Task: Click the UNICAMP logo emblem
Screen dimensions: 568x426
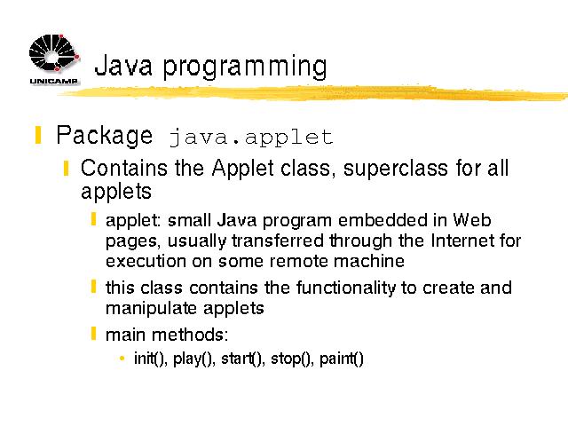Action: (54, 53)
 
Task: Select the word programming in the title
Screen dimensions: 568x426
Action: (245, 67)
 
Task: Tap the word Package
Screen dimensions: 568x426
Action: (105, 136)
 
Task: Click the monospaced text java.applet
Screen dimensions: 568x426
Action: (250, 138)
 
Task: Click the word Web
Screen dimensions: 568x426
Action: (472, 220)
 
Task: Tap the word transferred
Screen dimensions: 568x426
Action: (278, 241)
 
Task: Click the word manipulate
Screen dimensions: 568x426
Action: (151, 309)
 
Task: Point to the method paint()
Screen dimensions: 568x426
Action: (341, 359)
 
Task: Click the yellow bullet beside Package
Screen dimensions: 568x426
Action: (38, 135)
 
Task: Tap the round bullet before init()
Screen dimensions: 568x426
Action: (122, 359)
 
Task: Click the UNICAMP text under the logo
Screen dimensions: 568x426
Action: (53, 81)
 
